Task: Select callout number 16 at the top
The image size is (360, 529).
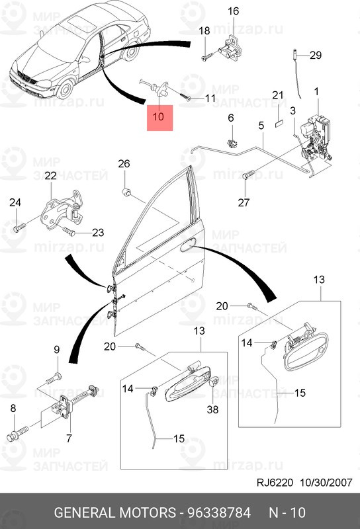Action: pyautogui.click(x=233, y=11)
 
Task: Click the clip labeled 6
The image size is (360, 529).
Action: pyautogui.click(x=232, y=142)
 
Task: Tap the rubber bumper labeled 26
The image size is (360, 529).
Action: pyautogui.click(x=127, y=192)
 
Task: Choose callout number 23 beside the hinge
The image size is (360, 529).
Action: pyautogui.click(x=98, y=232)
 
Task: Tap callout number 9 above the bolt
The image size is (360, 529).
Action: pyautogui.click(x=56, y=349)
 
